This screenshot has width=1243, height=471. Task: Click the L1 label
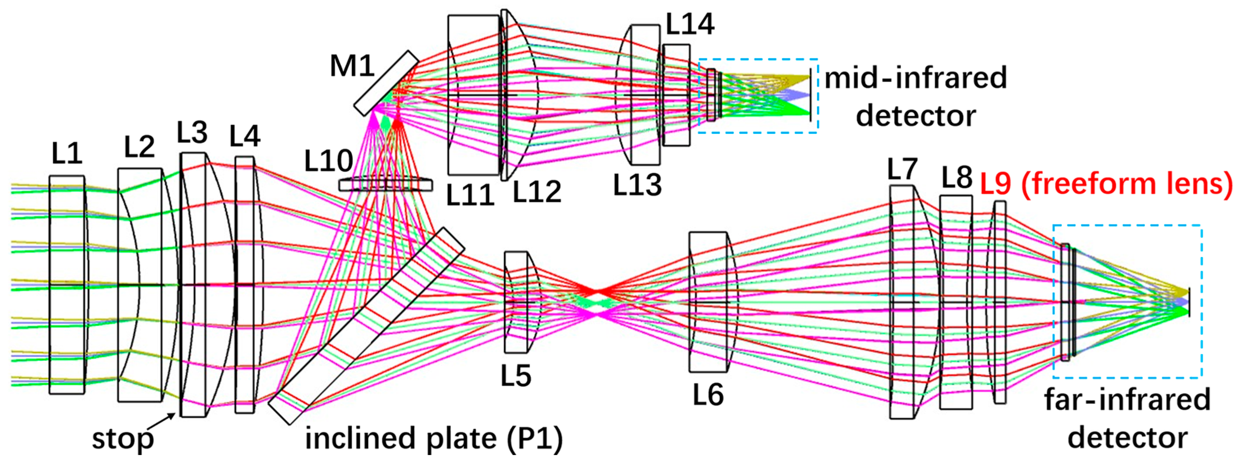point(67,154)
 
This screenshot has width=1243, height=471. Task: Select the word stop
point(123,439)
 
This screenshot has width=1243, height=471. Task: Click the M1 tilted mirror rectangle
point(386,83)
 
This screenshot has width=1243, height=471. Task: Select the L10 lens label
point(328,160)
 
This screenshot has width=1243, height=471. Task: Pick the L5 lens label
point(515,375)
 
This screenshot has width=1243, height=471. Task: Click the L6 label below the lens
point(708,394)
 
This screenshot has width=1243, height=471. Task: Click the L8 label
point(957,177)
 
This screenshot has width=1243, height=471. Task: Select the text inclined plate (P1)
point(434,439)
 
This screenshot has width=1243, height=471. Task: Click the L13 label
point(637,184)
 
